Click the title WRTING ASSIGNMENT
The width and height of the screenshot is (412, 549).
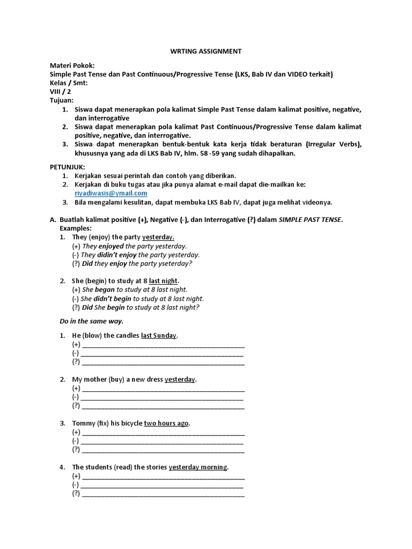coord(206,51)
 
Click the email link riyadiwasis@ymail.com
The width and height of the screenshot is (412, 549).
coord(111,193)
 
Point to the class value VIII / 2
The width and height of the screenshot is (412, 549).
coord(60,92)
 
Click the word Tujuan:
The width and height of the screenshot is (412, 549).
coord(62,100)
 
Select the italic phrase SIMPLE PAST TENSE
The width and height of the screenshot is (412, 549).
coord(310,220)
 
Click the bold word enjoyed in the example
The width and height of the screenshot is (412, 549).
coord(111,246)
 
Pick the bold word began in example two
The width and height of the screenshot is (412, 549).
coord(105,290)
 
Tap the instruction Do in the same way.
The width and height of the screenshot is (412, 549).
coord(92,321)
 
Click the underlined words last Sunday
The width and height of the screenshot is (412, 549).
coord(159,336)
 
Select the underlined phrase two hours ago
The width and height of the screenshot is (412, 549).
coord(166,423)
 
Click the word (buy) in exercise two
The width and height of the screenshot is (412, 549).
coord(116,380)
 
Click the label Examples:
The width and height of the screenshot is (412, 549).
coord(76,228)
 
